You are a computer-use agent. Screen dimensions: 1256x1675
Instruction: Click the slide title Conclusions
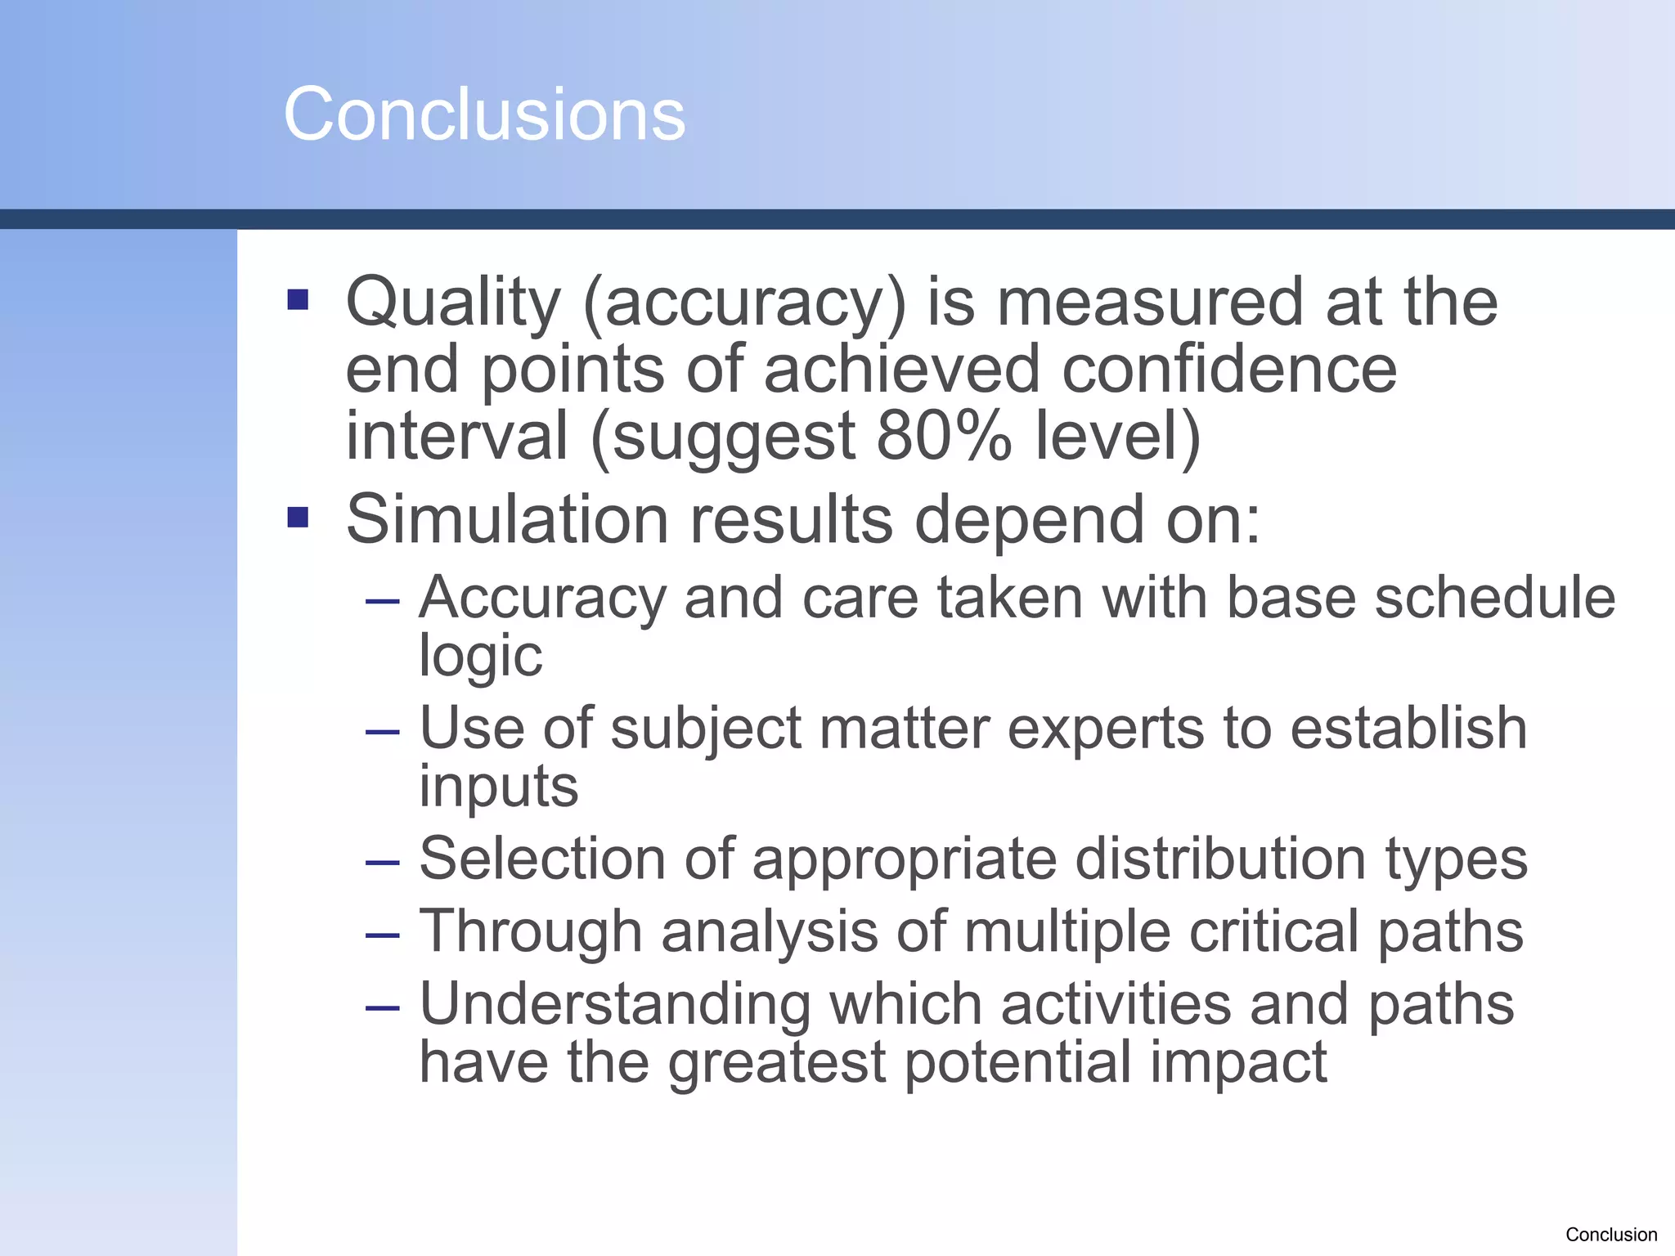(x=484, y=114)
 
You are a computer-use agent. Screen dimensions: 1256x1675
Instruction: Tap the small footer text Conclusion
(x=1610, y=1235)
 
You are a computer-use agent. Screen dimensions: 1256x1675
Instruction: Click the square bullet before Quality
(x=299, y=300)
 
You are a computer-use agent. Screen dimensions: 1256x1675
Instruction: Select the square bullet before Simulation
(x=299, y=518)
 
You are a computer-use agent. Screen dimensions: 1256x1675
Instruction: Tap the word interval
(x=456, y=437)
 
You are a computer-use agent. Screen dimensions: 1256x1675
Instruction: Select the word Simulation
(x=507, y=520)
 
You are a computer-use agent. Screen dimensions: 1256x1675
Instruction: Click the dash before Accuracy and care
(x=383, y=603)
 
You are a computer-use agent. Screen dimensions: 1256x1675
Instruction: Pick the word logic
(x=480, y=656)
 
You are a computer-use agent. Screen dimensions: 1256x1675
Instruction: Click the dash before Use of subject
(x=383, y=731)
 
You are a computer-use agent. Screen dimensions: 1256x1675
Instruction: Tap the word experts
(x=1106, y=729)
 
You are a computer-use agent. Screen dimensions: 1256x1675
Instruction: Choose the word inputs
(x=498, y=787)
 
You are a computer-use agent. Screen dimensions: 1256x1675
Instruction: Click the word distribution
(x=1219, y=859)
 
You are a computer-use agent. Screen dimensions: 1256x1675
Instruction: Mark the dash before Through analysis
(x=383, y=935)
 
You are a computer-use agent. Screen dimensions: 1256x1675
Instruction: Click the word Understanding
(x=614, y=1006)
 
